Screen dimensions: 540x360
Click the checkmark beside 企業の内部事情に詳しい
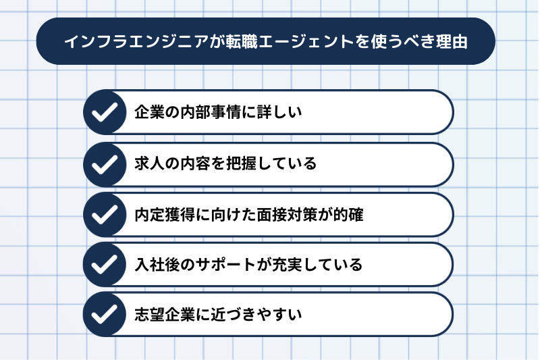[x=105, y=112]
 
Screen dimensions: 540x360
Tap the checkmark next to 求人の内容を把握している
[x=105, y=164]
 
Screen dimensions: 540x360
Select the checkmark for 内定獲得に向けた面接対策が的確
[x=105, y=214]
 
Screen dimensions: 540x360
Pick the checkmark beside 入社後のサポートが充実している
[x=105, y=264]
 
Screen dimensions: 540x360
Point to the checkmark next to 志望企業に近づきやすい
[x=105, y=314]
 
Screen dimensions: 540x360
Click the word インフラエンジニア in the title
[x=136, y=41]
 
